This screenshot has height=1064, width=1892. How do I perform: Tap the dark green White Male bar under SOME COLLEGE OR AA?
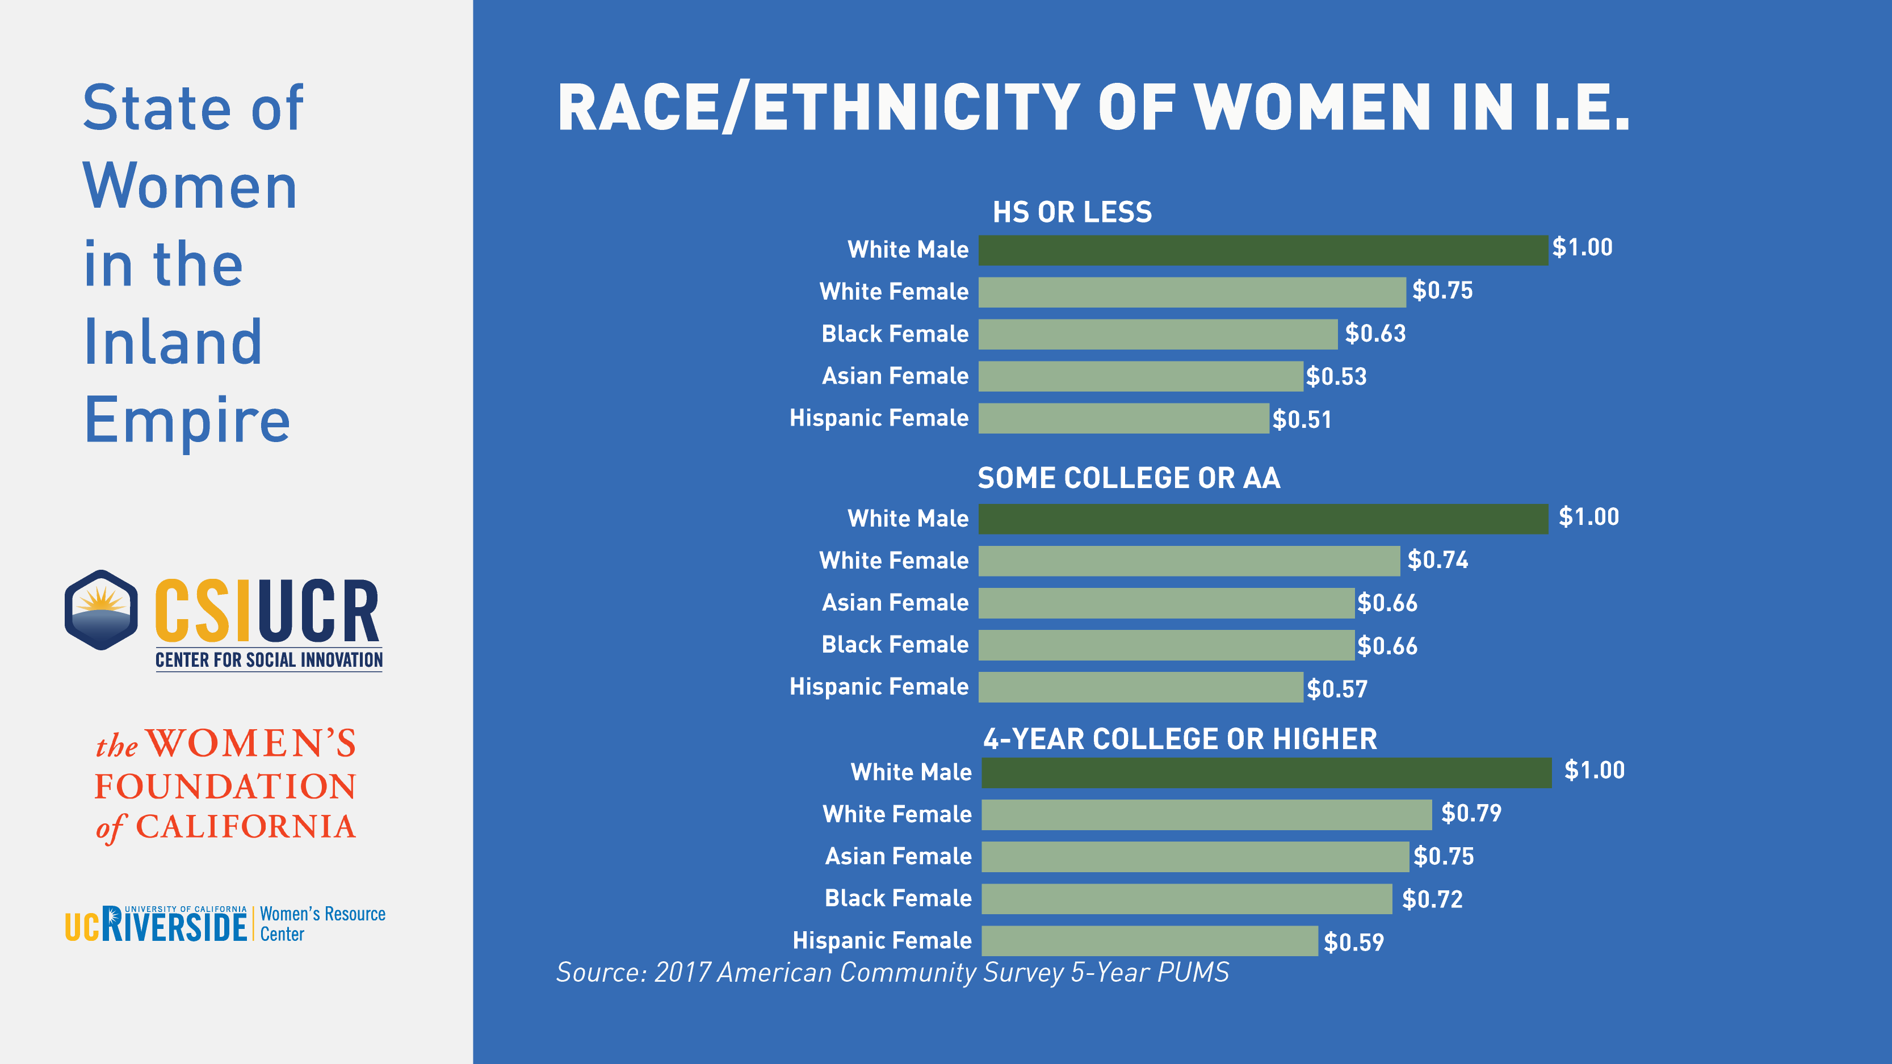(x=1262, y=519)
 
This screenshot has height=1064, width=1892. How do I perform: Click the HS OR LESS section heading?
(x=1072, y=212)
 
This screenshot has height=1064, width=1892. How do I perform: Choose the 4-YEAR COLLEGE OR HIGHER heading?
(x=1180, y=739)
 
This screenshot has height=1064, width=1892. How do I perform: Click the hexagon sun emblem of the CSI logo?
(x=102, y=610)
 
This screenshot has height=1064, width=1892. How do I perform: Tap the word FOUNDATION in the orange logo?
(x=225, y=787)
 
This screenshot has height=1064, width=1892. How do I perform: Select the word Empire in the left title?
(x=187, y=420)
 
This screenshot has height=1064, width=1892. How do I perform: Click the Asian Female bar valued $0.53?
(x=1140, y=377)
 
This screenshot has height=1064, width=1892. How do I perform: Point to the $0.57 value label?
(x=1337, y=689)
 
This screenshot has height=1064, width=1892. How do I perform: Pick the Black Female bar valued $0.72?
(x=1186, y=899)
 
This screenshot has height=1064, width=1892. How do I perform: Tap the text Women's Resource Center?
(x=322, y=924)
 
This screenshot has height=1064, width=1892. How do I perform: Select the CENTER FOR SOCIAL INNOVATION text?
(x=269, y=660)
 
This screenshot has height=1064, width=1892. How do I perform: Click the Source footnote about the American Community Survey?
(x=892, y=972)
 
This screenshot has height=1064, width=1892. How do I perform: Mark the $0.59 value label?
(x=1354, y=942)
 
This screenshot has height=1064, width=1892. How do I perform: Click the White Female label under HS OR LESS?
(x=894, y=292)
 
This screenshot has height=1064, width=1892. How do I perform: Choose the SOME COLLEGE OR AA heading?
(x=1129, y=478)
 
